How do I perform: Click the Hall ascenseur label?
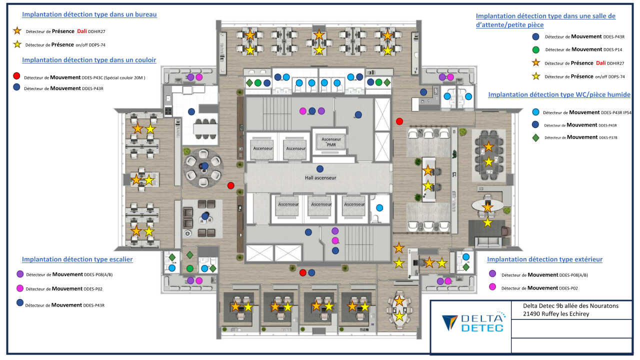[x=320, y=177]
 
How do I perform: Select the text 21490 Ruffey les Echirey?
[x=555, y=314]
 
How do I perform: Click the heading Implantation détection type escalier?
[x=77, y=259]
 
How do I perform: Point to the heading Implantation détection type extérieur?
[x=544, y=259]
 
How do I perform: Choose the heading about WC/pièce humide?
[x=559, y=94]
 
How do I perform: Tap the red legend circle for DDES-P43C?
[x=16, y=76]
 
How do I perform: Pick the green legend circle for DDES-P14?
[x=535, y=49]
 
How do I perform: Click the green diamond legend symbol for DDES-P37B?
[x=535, y=137]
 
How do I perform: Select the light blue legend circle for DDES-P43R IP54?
[x=535, y=112]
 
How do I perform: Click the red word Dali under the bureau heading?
[x=82, y=31]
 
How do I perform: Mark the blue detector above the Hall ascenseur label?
[x=320, y=168]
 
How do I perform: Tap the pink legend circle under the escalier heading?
[x=20, y=288]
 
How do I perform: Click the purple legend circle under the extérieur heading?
[x=492, y=274]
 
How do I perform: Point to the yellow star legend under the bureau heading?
[x=17, y=44]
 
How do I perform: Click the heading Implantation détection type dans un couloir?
[x=89, y=59]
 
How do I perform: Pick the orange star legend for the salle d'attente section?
[x=535, y=63]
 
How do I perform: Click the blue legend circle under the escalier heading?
[x=20, y=302]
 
